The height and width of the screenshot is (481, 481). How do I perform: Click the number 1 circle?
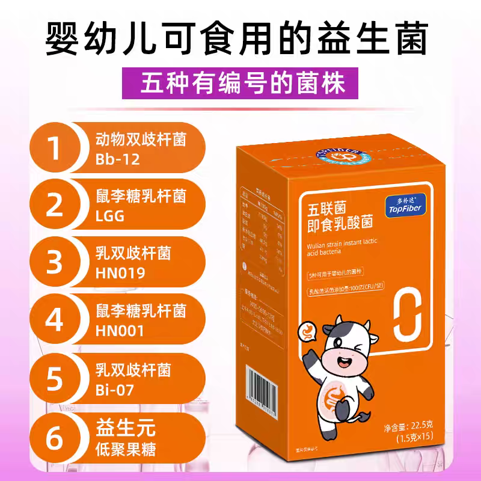coord(55,147)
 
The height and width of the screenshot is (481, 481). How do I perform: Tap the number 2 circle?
coord(55,205)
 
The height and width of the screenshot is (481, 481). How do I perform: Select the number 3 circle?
coord(55,263)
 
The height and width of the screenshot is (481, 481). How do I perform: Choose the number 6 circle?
coord(55,437)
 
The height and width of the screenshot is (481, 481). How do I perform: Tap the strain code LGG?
coord(110,216)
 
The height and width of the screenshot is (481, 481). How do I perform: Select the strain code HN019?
coord(120,274)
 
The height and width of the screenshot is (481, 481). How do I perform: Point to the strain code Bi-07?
coord(114,390)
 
